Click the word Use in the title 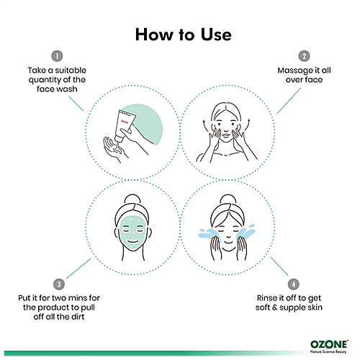click(x=216, y=35)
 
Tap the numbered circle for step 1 click(x=57, y=56)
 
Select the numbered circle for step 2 click(x=304, y=56)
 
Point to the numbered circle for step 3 click(x=59, y=284)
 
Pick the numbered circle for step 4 click(x=294, y=284)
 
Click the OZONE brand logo click(x=329, y=344)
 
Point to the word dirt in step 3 click(x=78, y=317)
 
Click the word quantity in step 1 click(x=45, y=80)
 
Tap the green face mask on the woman click(x=132, y=233)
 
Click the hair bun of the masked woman click(x=132, y=199)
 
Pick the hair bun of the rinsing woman click(x=228, y=199)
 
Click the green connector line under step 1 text click(x=76, y=104)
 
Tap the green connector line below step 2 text click(x=289, y=101)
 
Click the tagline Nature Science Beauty click(x=328, y=352)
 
